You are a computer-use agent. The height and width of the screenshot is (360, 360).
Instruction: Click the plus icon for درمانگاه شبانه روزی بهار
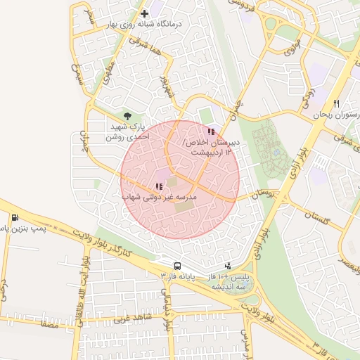click(145, 13)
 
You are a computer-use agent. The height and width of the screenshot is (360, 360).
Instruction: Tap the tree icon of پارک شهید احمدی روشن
click(127, 116)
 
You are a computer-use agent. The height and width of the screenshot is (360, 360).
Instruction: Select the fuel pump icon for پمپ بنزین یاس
click(15, 217)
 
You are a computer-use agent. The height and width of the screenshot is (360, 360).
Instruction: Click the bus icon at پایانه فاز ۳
click(176, 266)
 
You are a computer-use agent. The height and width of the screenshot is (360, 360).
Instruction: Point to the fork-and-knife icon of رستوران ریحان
click(336, 103)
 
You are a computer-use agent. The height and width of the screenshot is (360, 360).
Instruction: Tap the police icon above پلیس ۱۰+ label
click(227, 266)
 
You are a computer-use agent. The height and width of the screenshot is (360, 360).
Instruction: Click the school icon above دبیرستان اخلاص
click(211, 131)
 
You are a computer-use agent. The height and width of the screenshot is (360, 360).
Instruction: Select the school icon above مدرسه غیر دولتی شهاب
click(158, 187)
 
